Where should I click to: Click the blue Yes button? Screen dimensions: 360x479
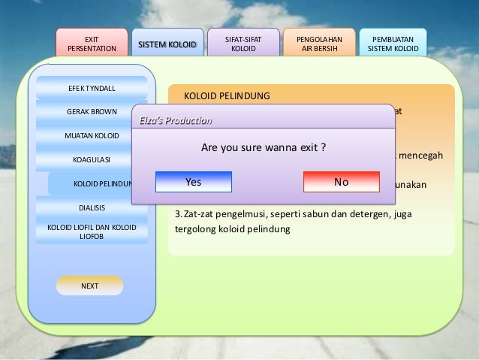[194, 182]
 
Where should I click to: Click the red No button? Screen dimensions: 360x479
[342, 182]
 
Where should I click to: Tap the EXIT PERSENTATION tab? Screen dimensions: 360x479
[92, 43]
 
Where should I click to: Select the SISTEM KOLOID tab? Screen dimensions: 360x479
[166, 46]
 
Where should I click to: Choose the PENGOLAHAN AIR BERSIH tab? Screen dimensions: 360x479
[317, 43]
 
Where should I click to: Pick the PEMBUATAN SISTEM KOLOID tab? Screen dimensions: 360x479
[393, 43]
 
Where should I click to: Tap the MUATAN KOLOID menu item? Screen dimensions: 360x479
[91, 136]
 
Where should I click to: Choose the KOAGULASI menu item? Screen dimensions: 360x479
[92, 159]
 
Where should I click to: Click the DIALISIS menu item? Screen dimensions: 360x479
[92, 207]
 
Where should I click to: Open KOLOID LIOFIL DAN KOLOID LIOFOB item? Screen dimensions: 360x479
[92, 231]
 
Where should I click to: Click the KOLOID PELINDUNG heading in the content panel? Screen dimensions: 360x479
[228, 96]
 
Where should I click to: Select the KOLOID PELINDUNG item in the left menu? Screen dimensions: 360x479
[101, 183]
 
